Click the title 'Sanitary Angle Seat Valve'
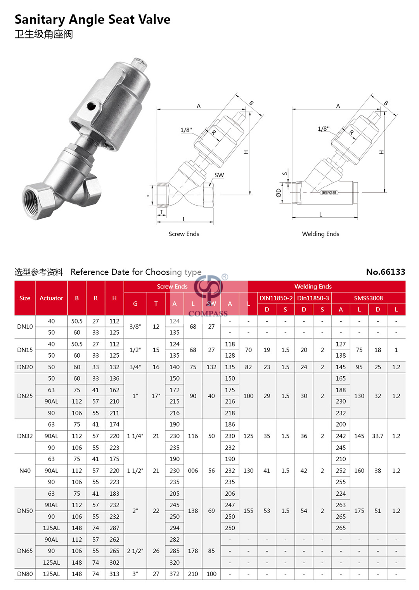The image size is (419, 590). coord(92,19)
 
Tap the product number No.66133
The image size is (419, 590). coord(385,272)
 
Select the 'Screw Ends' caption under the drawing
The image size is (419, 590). coord(184,234)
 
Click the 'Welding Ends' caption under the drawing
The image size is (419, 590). coord(320,234)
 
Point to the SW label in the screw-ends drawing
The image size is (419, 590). coord(219,175)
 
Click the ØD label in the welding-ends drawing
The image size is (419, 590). coord(278,192)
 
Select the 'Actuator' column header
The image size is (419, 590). coord(51,298)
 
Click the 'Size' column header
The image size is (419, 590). coord(25,298)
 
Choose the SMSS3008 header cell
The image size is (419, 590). coord(368,298)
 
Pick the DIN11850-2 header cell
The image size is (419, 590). coord(276,298)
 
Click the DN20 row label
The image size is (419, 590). coord(25,367)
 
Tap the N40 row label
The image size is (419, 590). coord(25,471)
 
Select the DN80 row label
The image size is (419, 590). coord(25,574)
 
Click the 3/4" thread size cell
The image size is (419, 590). coord(135,367)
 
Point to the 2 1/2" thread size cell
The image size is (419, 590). coord(135,551)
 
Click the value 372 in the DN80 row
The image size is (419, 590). coord(175,574)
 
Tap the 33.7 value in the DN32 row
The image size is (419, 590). coord(377,436)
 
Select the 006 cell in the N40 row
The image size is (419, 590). coord(193,471)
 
